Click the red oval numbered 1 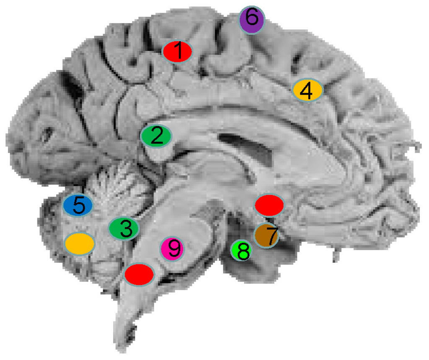point(178,52)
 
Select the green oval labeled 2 point(156,136)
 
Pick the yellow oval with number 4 point(308,90)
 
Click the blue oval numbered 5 point(78,205)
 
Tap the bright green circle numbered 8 point(242,251)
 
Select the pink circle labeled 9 point(172,249)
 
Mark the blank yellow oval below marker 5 point(79,243)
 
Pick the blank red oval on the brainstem point(140,274)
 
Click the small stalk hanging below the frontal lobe point(336,253)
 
